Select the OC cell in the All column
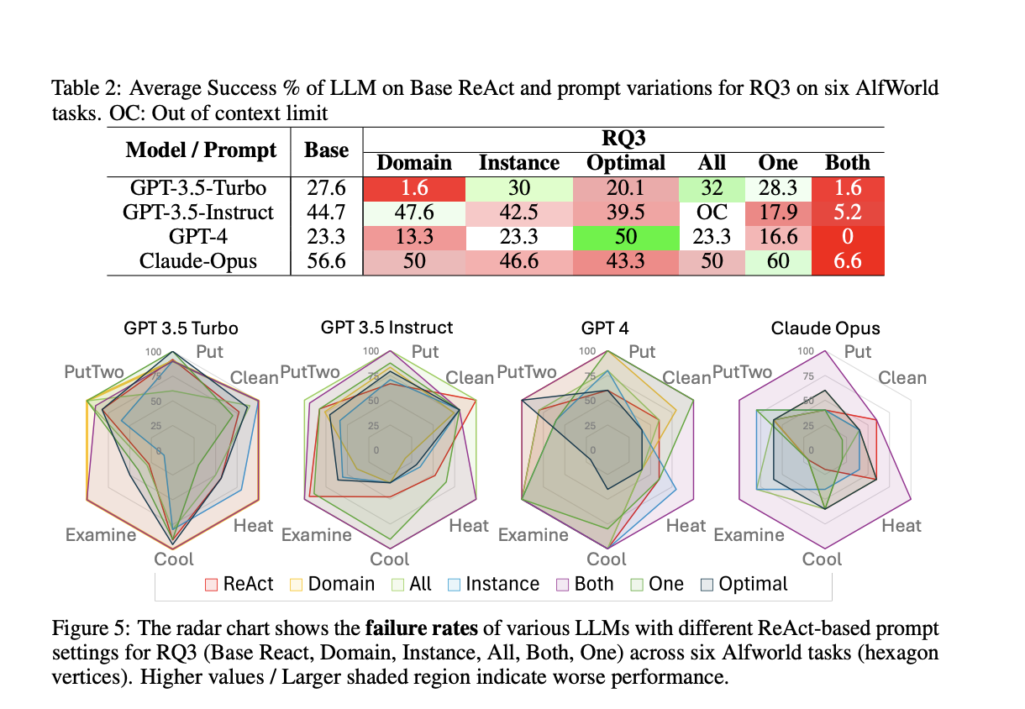pos(712,213)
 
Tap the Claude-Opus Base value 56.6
pos(326,261)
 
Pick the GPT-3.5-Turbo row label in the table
pos(199,188)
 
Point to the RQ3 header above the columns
pos(623,139)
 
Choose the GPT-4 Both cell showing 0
pos(848,237)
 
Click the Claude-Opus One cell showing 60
pos(778,261)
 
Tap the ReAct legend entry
pos(239,584)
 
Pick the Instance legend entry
pos(493,584)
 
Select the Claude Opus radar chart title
pos(826,328)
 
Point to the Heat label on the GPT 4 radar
pos(686,526)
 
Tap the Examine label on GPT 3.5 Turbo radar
pos(101,535)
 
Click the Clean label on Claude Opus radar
pos(902,378)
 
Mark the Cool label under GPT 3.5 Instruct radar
pos(390,559)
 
